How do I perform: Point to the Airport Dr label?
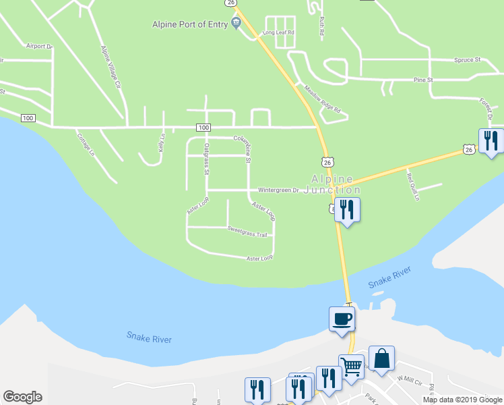(39, 47)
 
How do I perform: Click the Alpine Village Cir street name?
(111, 67)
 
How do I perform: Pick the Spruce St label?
(467, 60)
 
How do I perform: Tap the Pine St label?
(422, 80)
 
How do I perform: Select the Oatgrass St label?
(207, 159)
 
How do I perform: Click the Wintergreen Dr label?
(278, 191)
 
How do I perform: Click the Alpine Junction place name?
(332, 184)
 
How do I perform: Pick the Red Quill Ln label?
(413, 187)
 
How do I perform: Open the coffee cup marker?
(342, 318)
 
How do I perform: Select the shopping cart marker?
(351, 367)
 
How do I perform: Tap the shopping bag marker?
(381, 358)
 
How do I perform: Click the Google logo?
(22, 397)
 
